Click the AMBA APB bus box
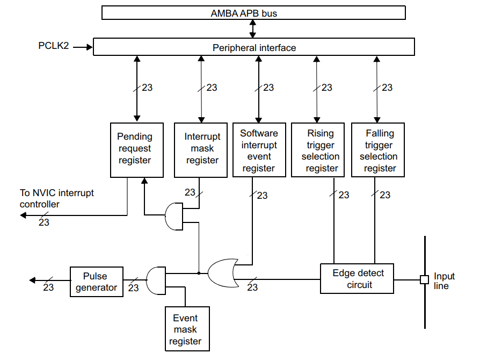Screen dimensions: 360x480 pyautogui.click(x=253, y=13)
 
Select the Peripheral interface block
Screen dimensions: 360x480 pyautogui.click(x=253, y=47)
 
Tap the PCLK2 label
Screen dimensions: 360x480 pyautogui.click(x=53, y=46)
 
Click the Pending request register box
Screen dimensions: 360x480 pyautogui.click(x=136, y=150)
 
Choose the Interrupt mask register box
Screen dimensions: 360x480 pyautogui.click(x=201, y=150)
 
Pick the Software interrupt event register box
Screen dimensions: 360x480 pyautogui.click(x=259, y=150)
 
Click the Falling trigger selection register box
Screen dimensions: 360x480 pyautogui.click(x=377, y=150)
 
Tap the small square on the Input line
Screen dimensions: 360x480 pyautogui.click(x=424, y=279)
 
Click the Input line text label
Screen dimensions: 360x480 pyautogui.click(x=444, y=280)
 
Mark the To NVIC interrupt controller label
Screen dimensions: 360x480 pyautogui.click(x=56, y=198)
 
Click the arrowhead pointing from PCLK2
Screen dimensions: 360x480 pyautogui.click(x=89, y=47)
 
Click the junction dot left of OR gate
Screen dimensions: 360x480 pyautogui.click(x=199, y=273)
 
